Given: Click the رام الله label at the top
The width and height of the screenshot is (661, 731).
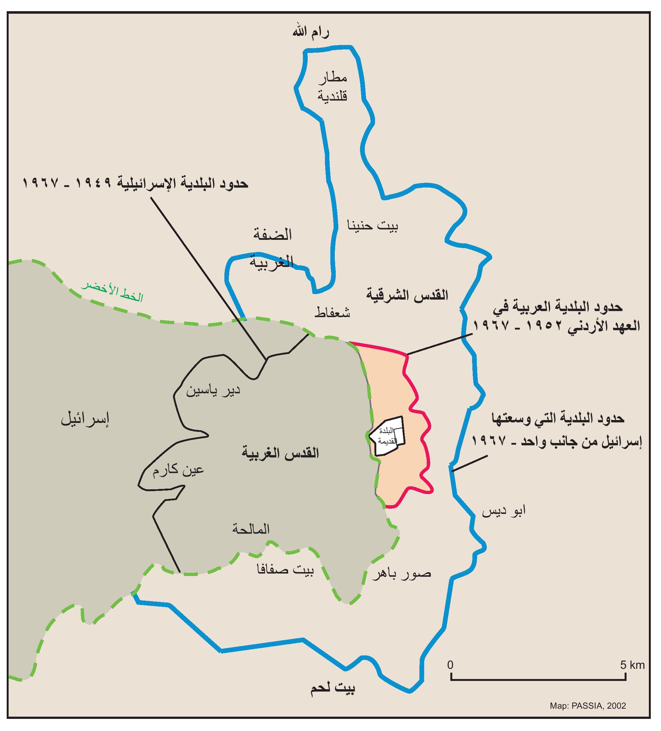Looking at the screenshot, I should [311, 33].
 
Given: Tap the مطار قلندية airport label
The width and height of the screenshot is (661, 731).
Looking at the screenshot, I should [332, 87].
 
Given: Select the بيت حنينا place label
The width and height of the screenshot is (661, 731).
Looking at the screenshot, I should [372, 226].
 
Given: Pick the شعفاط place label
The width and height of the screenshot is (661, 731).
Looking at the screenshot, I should [332, 312].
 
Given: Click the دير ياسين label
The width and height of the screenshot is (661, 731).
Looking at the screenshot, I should [213, 391].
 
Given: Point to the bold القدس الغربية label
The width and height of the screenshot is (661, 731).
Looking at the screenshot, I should [281, 453].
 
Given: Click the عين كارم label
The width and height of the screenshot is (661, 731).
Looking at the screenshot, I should [178, 471].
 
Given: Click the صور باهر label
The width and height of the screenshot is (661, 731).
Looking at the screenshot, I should [402, 574].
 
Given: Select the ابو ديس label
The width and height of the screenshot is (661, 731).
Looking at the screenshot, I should [504, 511].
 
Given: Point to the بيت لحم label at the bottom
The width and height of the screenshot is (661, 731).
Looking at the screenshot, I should [333, 688].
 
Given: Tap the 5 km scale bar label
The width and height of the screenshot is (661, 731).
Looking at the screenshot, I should [632, 665].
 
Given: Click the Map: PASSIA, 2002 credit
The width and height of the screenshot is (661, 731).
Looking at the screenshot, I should [588, 705].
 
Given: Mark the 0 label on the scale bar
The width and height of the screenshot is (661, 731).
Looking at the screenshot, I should [450, 665].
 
